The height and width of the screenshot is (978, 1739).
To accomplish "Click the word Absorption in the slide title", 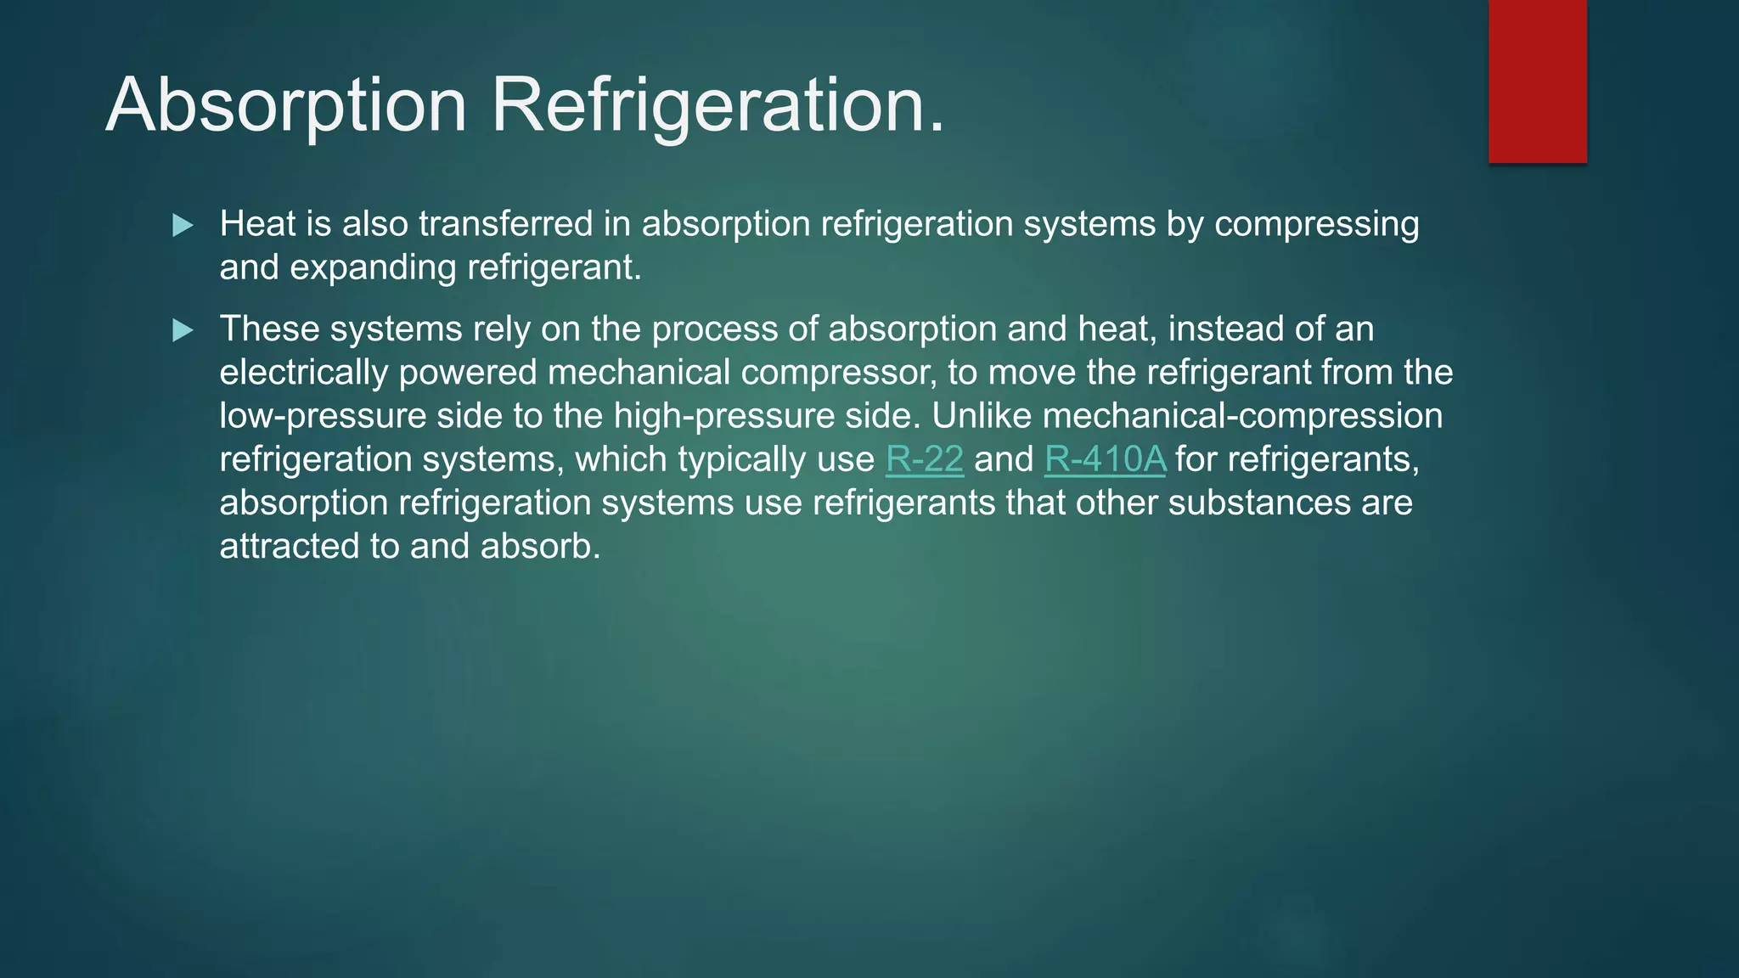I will pos(286,105).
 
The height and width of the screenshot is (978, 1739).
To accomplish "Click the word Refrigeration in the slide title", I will pos(718,105).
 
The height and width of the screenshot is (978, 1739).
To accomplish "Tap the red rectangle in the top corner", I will pos(1537,81).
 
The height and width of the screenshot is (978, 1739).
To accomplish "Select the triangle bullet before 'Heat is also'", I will pos(183,225).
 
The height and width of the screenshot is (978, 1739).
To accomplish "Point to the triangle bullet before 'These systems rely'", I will pos(183,329).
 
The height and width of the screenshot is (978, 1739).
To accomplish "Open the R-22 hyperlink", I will pos(924,459).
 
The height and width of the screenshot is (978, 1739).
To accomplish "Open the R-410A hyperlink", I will pos(1105,459).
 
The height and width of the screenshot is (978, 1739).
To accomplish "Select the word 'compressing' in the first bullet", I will pos(1316,224).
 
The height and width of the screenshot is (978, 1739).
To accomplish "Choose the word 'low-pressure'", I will pos(322,416).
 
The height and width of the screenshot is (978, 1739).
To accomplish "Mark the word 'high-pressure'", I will pos(729,416).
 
